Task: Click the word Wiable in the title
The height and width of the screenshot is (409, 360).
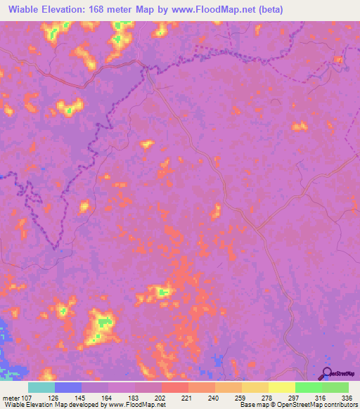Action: point(27,10)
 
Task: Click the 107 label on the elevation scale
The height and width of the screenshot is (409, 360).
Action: point(27,397)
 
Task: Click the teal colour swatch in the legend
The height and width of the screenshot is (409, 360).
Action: point(41,387)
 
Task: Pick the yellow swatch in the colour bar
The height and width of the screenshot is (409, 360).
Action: point(281,387)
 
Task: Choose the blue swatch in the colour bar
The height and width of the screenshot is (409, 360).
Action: point(67,387)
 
